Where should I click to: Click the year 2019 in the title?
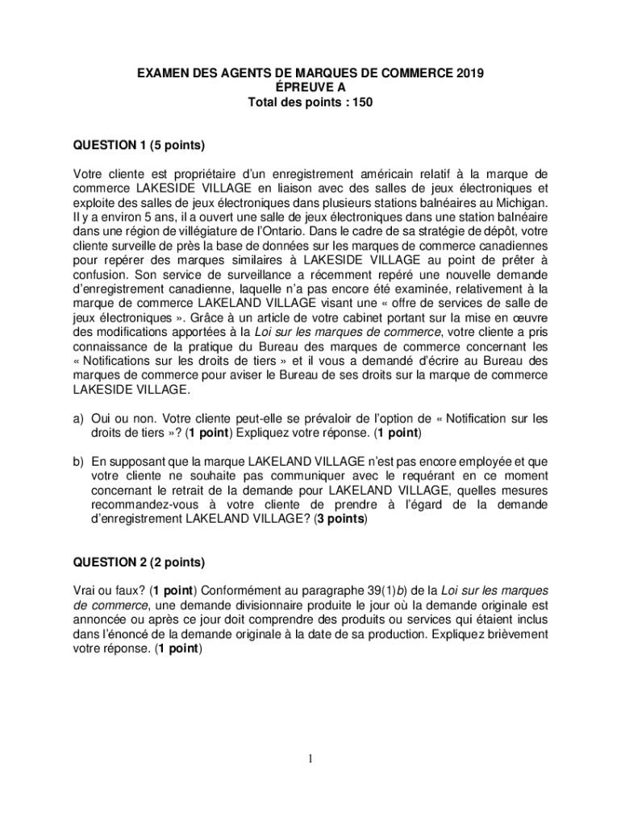coord(469,74)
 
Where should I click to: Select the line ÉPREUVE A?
coord(310,89)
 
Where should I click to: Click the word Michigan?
coord(522,202)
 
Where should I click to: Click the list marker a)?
coord(79,419)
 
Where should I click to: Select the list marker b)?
coord(79,462)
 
